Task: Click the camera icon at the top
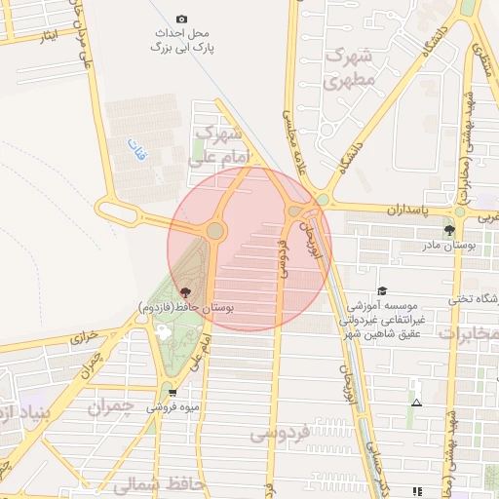click(x=181, y=19)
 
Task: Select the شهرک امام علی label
click(x=222, y=146)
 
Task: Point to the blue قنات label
click(x=134, y=148)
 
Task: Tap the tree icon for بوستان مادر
click(x=449, y=231)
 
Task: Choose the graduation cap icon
click(x=382, y=290)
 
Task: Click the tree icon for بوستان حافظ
click(x=183, y=292)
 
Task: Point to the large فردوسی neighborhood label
click(x=280, y=432)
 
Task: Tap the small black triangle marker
click(x=417, y=403)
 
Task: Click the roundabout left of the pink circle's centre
click(x=215, y=231)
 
